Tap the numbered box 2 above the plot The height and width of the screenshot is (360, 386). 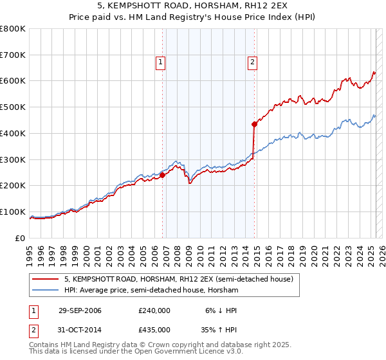[252, 62]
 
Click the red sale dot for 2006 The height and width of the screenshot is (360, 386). [162, 174]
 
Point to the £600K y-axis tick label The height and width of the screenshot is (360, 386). [13, 81]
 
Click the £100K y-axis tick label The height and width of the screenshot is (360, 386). [13, 212]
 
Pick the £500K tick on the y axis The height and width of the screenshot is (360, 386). [13, 107]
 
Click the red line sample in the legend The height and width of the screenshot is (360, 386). [46, 280]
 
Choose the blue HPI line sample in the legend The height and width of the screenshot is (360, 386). [46, 291]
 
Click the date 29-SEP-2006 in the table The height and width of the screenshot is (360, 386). [80, 310]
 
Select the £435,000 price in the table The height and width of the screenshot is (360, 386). [154, 330]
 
